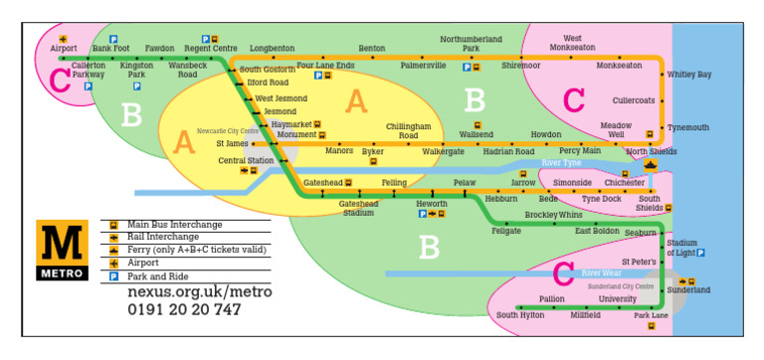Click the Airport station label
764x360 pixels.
(64, 48)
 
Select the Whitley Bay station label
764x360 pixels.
(688, 75)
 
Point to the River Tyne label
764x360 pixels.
(561, 162)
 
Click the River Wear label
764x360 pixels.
(601, 272)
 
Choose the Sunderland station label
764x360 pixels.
(688, 290)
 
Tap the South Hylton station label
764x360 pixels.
(520, 314)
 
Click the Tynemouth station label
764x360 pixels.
(688, 127)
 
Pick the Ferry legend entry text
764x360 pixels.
(188, 251)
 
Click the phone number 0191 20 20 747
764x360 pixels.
(184, 309)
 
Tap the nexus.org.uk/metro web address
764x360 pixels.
(199, 292)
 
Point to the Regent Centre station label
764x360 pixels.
(211, 48)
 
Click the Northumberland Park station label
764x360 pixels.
(471, 44)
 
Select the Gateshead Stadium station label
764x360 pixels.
(358, 208)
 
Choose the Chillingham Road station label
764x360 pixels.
(409, 131)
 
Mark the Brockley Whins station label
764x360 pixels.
(553, 215)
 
